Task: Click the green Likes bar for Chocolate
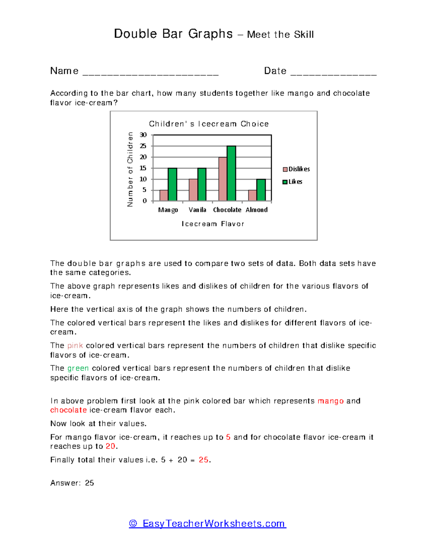click(231, 173)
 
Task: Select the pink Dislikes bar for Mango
click(164, 195)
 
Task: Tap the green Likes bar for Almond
click(261, 190)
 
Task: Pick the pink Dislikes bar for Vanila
click(193, 190)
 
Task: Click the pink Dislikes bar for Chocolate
click(223, 179)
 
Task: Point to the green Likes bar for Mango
click(172, 184)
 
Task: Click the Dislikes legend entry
click(296, 169)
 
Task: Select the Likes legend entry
click(293, 182)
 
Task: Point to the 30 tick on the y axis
click(143, 135)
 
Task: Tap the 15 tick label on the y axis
click(143, 168)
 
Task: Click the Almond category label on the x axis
click(256, 210)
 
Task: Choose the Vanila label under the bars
click(197, 210)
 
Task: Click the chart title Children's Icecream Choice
click(209, 124)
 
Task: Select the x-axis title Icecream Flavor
click(213, 224)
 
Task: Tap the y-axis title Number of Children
click(130, 169)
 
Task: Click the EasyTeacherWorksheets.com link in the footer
click(208, 523)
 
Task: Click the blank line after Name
click(150, 73)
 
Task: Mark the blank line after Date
click(333, 73)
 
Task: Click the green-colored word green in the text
click(78, 368)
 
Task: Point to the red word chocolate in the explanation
click(68, 410)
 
